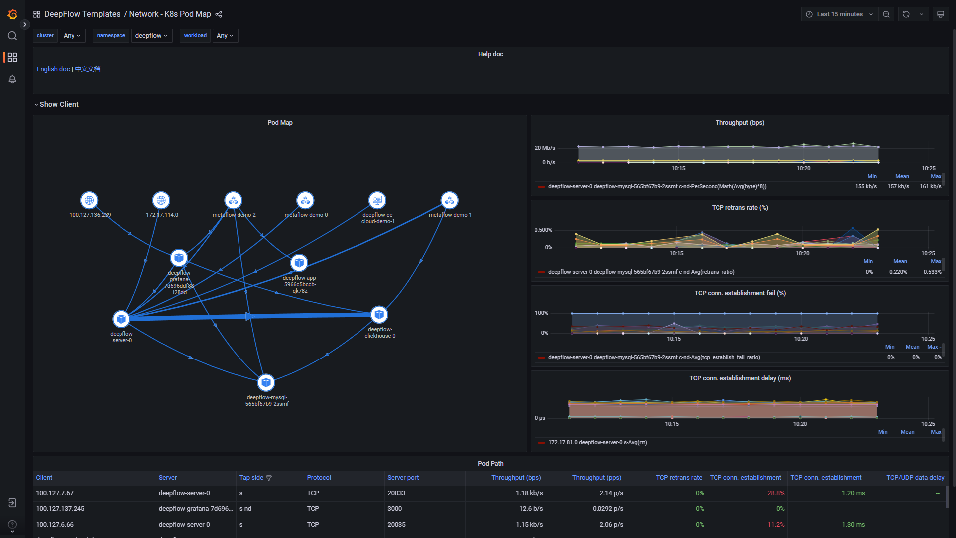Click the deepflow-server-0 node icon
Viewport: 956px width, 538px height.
[x=121, y=319]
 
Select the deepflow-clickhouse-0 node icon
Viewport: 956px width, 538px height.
[x=379, y=315]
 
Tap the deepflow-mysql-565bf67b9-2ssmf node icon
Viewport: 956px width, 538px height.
[x=266, y=383]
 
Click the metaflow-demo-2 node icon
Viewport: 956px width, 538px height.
[x=233, y=200]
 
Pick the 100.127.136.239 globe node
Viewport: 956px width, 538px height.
[x=89, y=200]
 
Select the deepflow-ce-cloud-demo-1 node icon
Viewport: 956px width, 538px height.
[x=377, y=200]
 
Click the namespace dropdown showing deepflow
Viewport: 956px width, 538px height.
[x=151, y=36]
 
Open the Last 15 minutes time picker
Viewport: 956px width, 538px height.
[x=839, y=14]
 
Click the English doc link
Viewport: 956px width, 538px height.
[x=53, y=69]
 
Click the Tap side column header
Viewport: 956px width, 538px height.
[x=251, y=478]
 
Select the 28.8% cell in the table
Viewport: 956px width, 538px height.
[x=775, y=493]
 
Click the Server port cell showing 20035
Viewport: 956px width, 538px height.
[x=396, y=525]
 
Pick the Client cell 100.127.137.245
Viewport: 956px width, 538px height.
[x=60, y=509]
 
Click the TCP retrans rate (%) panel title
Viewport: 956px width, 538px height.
[x=739, y=208]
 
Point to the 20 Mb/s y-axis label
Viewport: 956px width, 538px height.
[x=544, y=148]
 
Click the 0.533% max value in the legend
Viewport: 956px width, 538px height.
[x=932, y=272]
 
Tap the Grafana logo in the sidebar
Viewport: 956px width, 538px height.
[x=12, y=15]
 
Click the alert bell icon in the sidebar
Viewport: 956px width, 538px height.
[x=12, y=79]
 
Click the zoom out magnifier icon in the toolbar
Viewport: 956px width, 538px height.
[x=886, y=14]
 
